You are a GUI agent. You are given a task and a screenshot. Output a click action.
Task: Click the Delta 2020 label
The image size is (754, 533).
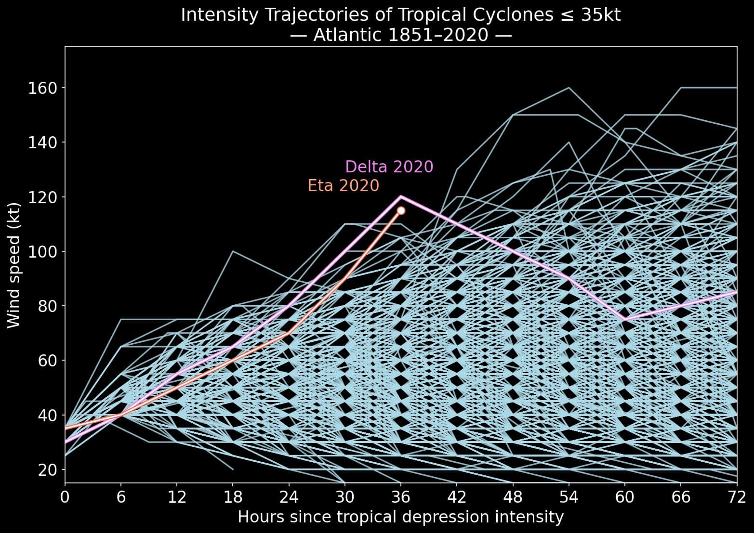tap(389, 167)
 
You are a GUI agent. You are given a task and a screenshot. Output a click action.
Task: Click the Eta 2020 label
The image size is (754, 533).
tap(344, 185)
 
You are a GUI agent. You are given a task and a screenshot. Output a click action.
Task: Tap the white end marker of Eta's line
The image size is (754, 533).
tap(401, 210)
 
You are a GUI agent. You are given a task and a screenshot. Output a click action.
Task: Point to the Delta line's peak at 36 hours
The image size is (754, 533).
tap(401, 196)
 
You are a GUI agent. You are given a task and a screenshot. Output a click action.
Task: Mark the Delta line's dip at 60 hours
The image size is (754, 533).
tap(625, 319)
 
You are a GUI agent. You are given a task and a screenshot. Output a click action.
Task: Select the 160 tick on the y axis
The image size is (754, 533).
tap(43, 88)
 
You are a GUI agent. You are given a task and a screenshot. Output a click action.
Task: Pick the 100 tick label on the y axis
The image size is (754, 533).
tap(43, 251)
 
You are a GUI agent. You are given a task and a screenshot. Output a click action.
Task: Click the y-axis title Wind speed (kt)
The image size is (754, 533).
tap(14, 265)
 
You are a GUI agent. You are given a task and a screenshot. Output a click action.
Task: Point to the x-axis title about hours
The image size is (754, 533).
tap(401, 517)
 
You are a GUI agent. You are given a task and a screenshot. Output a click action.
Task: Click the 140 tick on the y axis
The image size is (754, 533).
tap(43, 143)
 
